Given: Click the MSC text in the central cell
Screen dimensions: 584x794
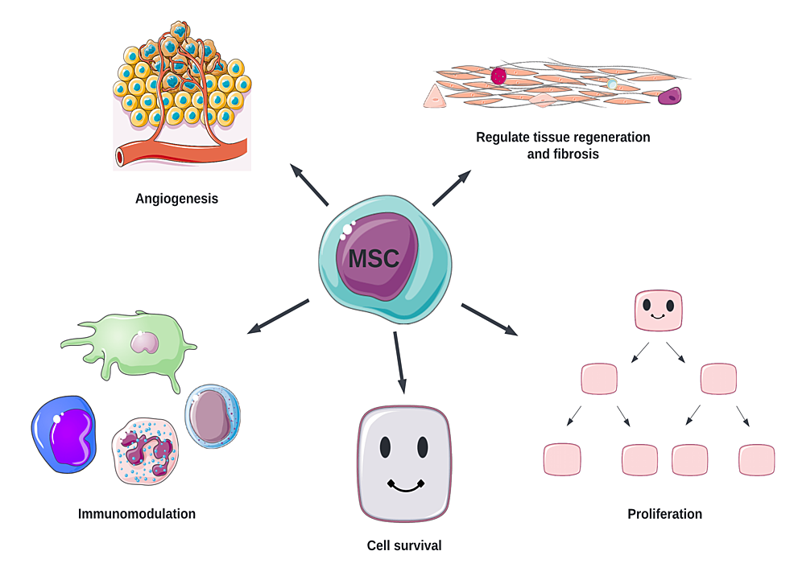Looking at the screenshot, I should point(374,259).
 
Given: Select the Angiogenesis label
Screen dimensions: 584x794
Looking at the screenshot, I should point(176,198).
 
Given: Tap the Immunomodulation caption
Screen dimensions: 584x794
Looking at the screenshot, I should point(137,513).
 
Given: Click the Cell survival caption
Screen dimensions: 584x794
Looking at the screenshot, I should point(404,545).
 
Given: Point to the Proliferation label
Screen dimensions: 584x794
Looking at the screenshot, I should point(664,513).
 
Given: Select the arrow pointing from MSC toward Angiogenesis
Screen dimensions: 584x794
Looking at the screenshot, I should point(310,184).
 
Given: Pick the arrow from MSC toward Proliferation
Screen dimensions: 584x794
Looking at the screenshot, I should point(489,318).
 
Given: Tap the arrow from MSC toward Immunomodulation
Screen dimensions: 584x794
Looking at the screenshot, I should point(278,315).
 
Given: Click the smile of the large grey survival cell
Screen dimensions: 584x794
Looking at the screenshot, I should point(404,485).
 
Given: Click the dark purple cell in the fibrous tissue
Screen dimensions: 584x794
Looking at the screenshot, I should point(670,97).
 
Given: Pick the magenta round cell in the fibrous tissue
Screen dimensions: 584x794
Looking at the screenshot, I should point(498,76).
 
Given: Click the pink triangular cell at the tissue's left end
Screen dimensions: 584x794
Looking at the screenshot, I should point(434,97).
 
